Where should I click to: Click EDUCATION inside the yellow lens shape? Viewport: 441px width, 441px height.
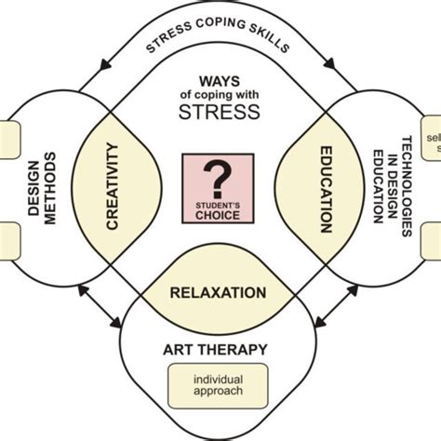pos(326,188)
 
